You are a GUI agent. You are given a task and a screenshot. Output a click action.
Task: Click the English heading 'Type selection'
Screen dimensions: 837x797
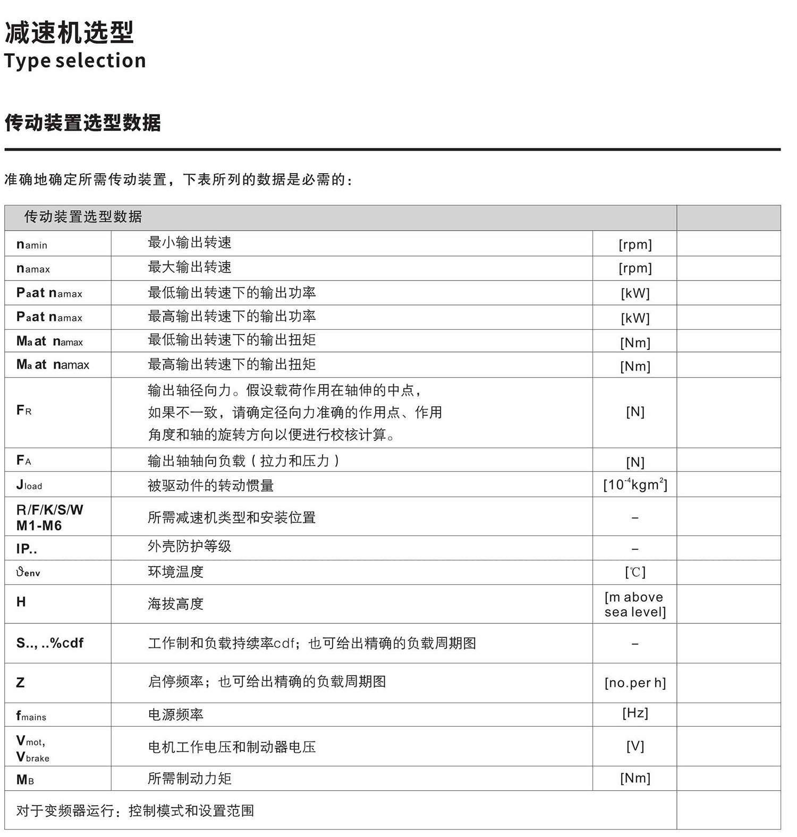(x=75, y=61)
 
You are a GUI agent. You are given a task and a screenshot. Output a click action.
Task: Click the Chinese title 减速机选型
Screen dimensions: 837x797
(x=69, y=33)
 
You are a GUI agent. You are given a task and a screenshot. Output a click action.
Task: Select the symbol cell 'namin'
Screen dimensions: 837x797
(x=32, y=244)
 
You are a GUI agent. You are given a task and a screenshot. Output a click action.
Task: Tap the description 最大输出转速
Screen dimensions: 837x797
(x=190, y=267)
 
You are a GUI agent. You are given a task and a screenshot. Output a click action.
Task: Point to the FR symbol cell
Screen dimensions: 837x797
(x=24, y=411)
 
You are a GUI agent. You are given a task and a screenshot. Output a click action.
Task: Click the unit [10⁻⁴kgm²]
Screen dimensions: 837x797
(x=635, y=485)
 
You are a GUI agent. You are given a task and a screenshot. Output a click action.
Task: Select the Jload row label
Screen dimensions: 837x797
(x=29, y=485)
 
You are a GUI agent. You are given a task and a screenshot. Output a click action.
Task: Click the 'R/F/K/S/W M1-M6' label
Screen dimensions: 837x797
(x=49, y=517)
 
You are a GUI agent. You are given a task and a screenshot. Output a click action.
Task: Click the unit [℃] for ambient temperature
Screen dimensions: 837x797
(x=635, y=572)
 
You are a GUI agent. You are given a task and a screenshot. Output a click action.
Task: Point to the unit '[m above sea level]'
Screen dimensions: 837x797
(x=635, y=604)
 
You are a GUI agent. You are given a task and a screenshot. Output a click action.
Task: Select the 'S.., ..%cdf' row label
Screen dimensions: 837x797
(x=50, y=643)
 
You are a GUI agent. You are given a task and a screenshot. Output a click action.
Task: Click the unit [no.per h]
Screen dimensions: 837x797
(x=635, y=683)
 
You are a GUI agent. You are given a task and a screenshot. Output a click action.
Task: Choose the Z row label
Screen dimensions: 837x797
(x=20, y=683)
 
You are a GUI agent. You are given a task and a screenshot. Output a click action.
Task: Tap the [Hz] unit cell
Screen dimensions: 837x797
(x=635, y=713)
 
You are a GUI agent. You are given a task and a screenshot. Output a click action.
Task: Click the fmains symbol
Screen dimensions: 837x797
(x=31, y=716)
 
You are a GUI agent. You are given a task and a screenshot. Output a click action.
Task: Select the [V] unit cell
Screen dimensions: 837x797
(x=635, y=747)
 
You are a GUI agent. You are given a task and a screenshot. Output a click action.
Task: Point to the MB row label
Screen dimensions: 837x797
(x=25, y=780)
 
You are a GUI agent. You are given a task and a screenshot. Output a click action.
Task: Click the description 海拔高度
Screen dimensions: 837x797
(x=175, y=604)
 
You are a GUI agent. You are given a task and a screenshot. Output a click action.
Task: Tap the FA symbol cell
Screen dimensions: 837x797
(x=24, y=460)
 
